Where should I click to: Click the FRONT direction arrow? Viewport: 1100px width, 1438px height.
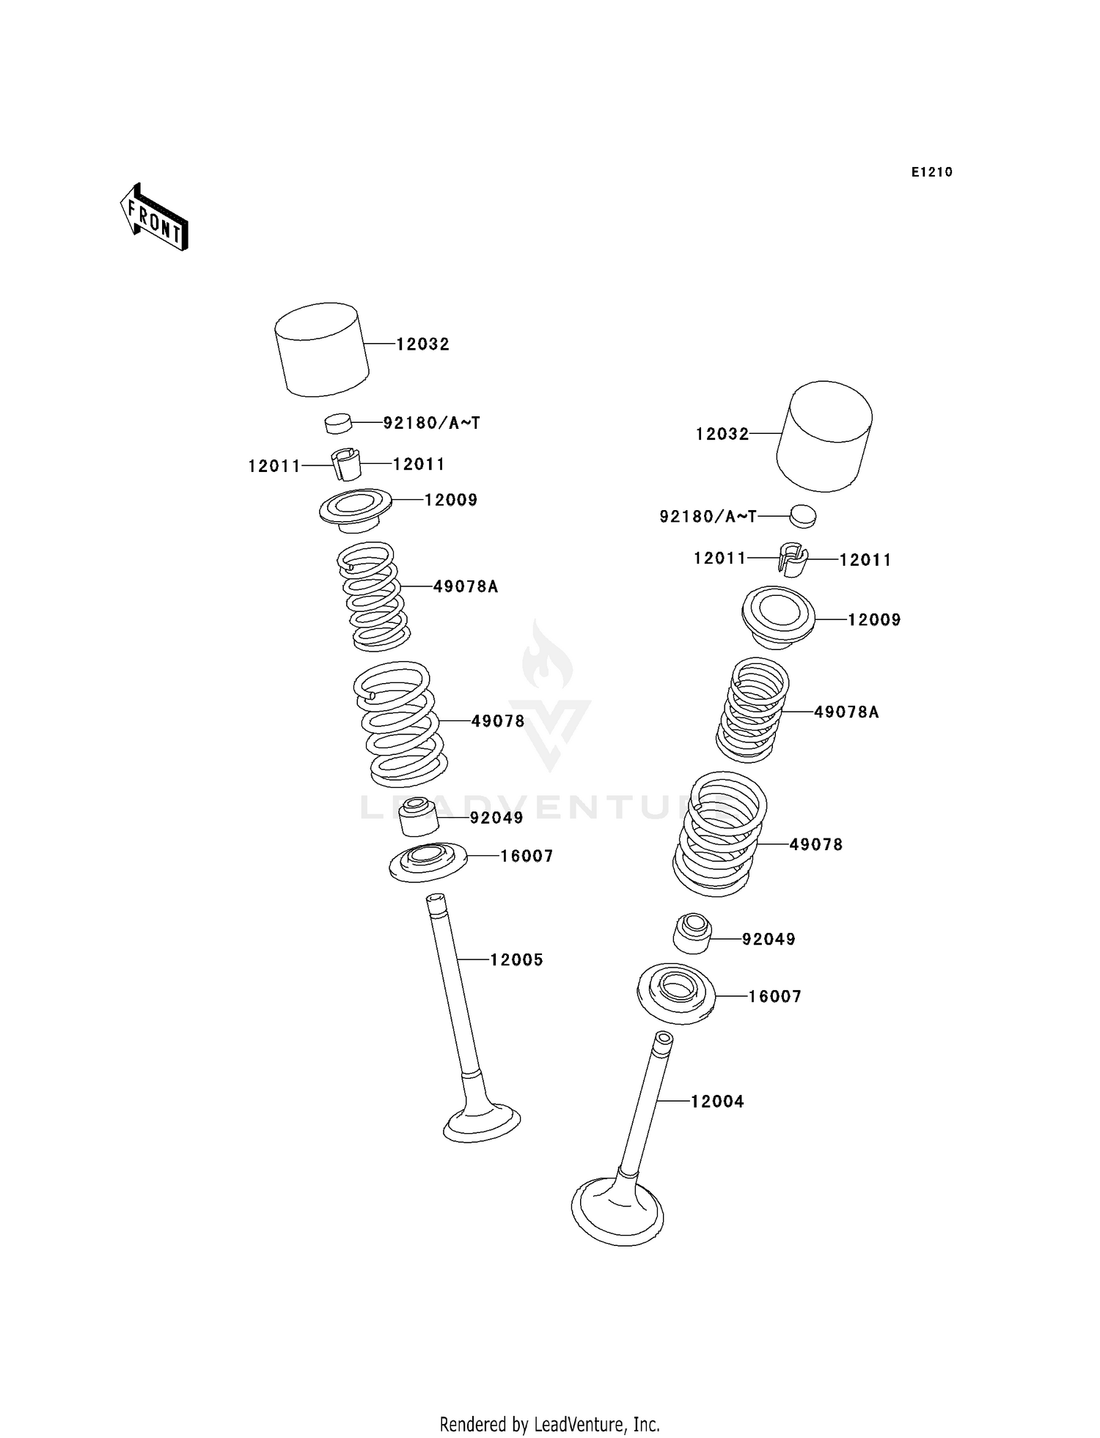click(x=155, y=218)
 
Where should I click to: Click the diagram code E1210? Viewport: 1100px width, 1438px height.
click(x=931, y=172)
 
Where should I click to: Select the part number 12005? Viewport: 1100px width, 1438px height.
click(x=516, y=959)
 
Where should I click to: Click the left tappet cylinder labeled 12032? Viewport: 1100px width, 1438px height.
click(x=321, y=350)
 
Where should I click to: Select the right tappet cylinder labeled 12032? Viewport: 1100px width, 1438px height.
click(x=824, y=436)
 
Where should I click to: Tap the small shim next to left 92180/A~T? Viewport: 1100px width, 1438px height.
click(x=338, y=423)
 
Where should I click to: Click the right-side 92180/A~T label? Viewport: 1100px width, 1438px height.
click(x=708, y=517)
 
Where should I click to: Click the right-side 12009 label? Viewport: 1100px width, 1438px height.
click(x=873, y=619)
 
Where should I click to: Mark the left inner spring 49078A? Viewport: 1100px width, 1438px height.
click(x=373, y=596)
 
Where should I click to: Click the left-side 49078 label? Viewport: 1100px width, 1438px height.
click(x=497, y=721)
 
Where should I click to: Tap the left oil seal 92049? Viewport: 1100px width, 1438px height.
click(x=419, y=817)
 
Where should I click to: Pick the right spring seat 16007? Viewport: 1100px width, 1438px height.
click(x=676, y=992)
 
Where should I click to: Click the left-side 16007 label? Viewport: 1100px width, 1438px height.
click(x=526, y=856)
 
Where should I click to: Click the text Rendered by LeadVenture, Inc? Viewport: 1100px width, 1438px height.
click(x=549, y=1425)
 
